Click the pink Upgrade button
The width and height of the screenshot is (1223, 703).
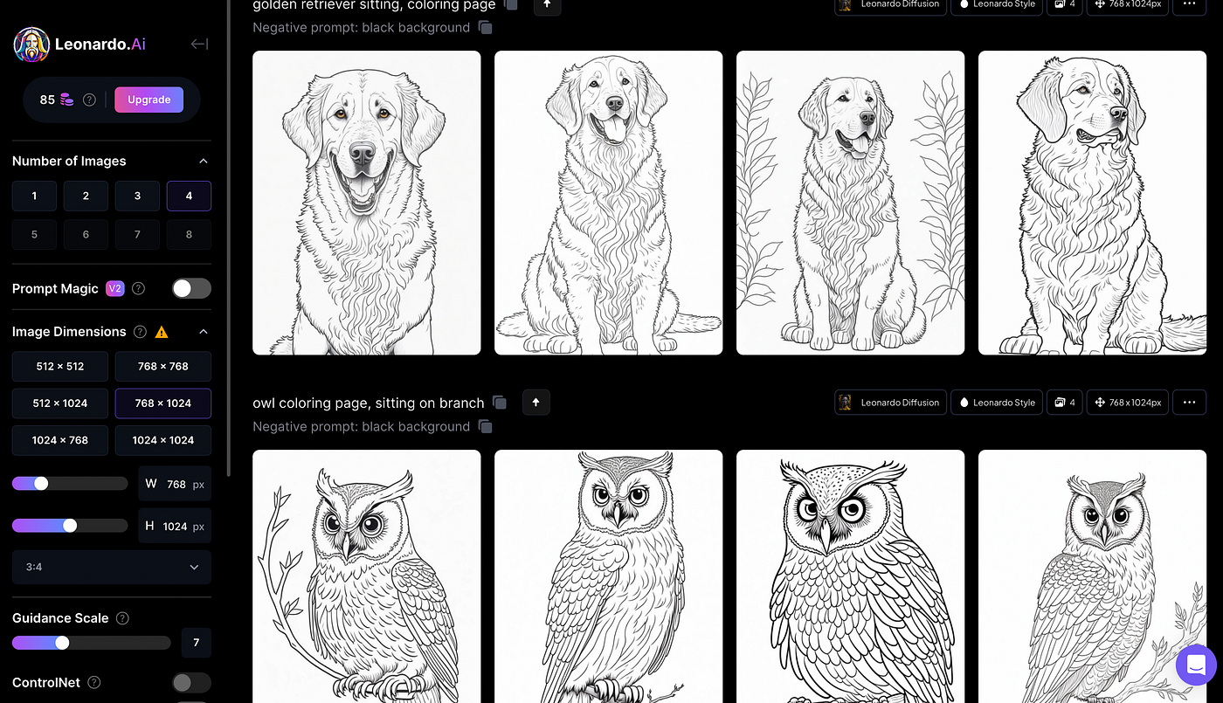pyautogui.click(x=149, y=100)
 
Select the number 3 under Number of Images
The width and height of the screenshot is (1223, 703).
pyautogui.click(x=137, y=196)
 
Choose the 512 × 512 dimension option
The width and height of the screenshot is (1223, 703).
pyautogui.click(x=60, y=366)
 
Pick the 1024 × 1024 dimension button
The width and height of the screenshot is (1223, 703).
pyautogui.click(x=162, y=440)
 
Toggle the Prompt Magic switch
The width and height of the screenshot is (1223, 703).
pyautogui.click(x=191, y=288)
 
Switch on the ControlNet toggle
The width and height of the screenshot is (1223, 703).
pyautogui.click(x=191, y=682)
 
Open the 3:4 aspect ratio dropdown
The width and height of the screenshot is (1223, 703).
pyautogui.click(x=112, y=567)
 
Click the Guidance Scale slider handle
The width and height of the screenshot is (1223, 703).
pyautogui.click(x=62, y=643)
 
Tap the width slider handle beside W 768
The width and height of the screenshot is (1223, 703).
pyautogui.click(x=41, y=484)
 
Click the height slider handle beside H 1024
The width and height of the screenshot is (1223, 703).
pyautogui.click(x=70, y=526)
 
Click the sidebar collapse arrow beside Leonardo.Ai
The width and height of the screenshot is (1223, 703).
pyautogui.click(x=199, y=45)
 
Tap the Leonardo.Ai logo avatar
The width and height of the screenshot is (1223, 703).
pyautogui.click(x=31, y=45)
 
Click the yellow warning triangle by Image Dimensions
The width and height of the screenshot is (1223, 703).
pyautogui.click(x=161, y=332)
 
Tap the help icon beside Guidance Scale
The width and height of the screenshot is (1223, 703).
pyautogui.click(x=122, y=618)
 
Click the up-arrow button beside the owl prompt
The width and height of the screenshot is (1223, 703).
pyautogui.click(x=536, y=403)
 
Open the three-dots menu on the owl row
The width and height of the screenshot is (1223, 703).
pyautogui.click(x=1189, y=403)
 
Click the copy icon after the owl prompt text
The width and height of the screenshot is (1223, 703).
pyautogui.click(x=500, y=403)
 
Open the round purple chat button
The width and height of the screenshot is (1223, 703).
pyautogui.click(x=1196, y=665)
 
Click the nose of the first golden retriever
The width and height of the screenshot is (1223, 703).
pyautogui.click(x=362, y=154)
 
